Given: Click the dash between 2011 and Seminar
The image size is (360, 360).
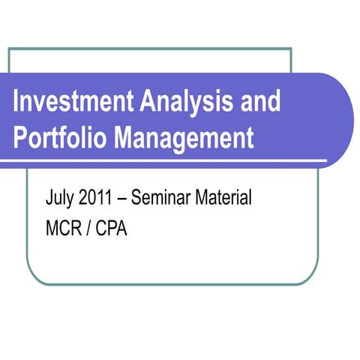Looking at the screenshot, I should click(x=124, y=201).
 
